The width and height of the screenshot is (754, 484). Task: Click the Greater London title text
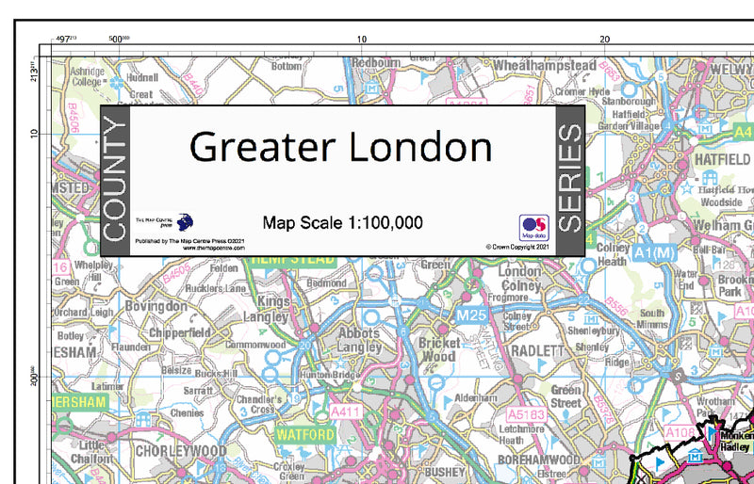pos(340,147)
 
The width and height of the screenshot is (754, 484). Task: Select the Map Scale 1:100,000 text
pos(342,223)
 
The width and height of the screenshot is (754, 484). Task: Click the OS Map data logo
pos(533,227)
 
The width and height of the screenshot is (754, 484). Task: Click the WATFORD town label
pos(304,435)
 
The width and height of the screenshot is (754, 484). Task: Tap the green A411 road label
pos(346,411)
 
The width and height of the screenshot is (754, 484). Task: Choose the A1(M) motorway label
pos(656,253)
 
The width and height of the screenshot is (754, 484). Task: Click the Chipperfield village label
pos(178,332)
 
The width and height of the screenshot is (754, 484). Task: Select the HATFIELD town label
pos(722,160)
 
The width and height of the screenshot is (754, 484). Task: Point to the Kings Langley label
pos(273,310)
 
